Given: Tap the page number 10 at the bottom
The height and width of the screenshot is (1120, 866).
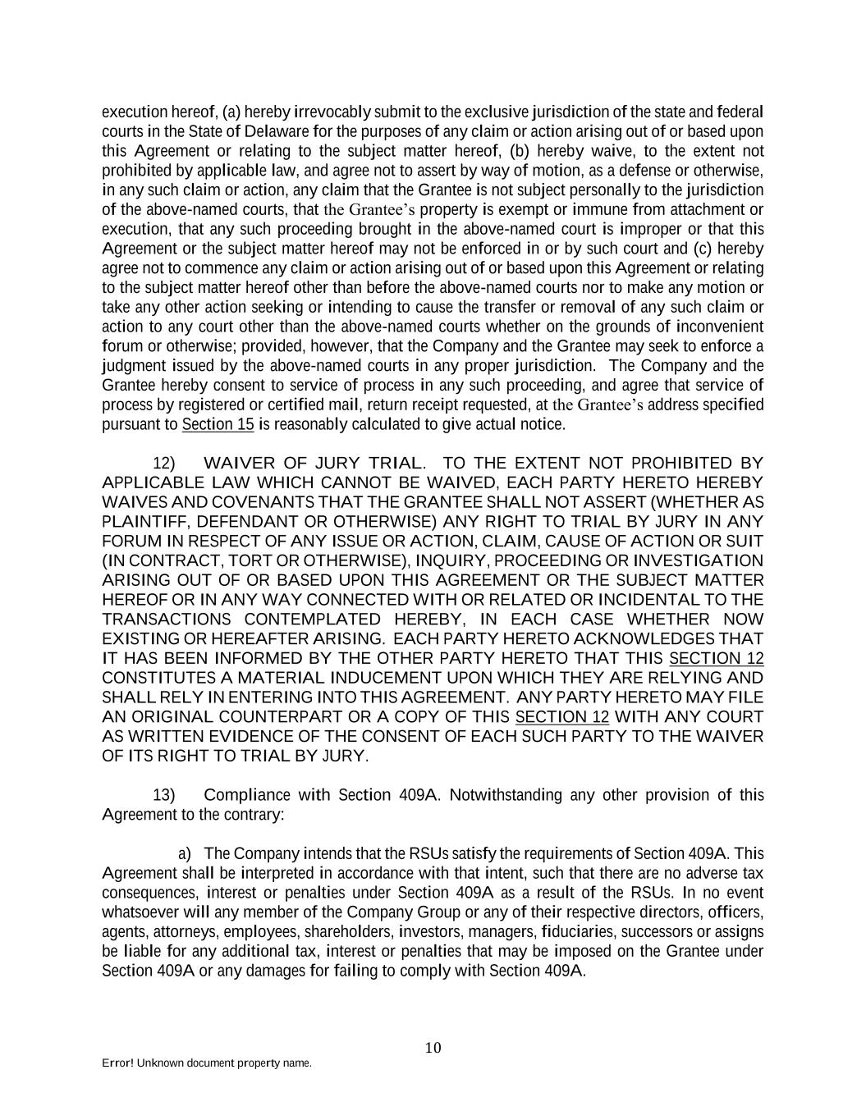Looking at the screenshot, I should [x=433, y=1047].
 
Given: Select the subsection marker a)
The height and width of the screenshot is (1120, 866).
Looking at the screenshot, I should [x=186, y=853].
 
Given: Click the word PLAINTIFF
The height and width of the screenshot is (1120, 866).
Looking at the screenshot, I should [x=144, y=522].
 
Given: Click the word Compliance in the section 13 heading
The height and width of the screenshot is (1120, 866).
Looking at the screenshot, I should [x=246, y=794].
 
